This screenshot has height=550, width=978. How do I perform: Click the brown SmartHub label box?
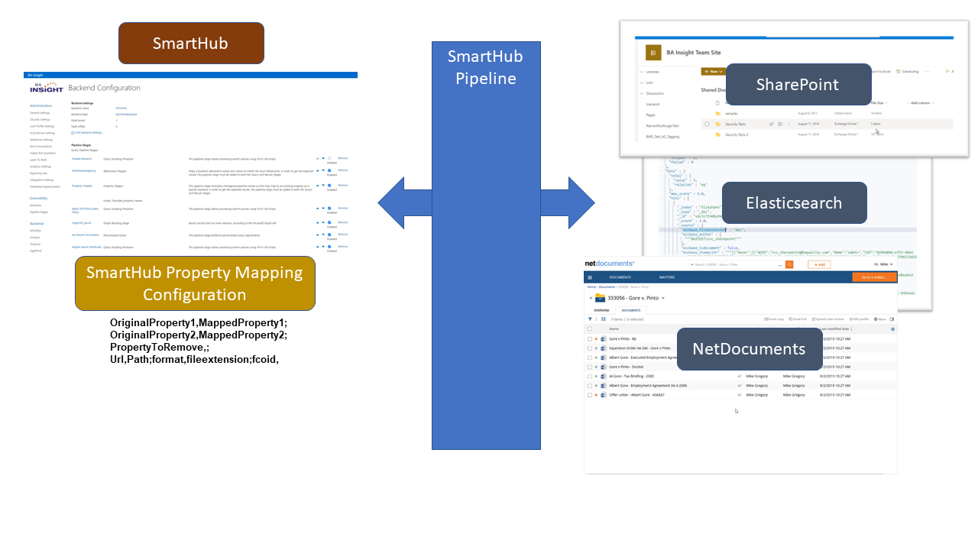tap(190, 43)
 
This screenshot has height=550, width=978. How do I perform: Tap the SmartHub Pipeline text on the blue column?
tap(485, 67)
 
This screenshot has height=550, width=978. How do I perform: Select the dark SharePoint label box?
tap(797, 84)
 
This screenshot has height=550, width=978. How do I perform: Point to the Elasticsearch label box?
tap(793, 202)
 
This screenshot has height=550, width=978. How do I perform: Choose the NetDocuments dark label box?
tap(748, 349)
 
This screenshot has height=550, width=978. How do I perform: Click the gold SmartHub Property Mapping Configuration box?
tap(194, 283)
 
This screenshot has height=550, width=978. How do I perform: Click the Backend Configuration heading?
tap(104, 89)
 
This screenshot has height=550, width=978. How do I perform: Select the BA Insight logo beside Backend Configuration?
tap(46, 89)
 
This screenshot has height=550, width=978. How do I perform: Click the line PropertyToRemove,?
tap(160, 347)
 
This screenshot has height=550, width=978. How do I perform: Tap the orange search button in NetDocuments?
tap(789, 264)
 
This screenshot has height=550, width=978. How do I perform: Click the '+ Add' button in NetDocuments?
tap(818, 264)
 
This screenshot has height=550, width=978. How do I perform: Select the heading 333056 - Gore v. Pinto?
tap(631, 298)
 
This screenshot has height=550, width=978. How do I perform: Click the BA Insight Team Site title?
tap(693, 53)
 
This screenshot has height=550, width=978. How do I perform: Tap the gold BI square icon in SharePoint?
tap(653, 53)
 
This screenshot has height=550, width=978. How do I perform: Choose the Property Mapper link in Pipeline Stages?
tap(83, 186)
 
